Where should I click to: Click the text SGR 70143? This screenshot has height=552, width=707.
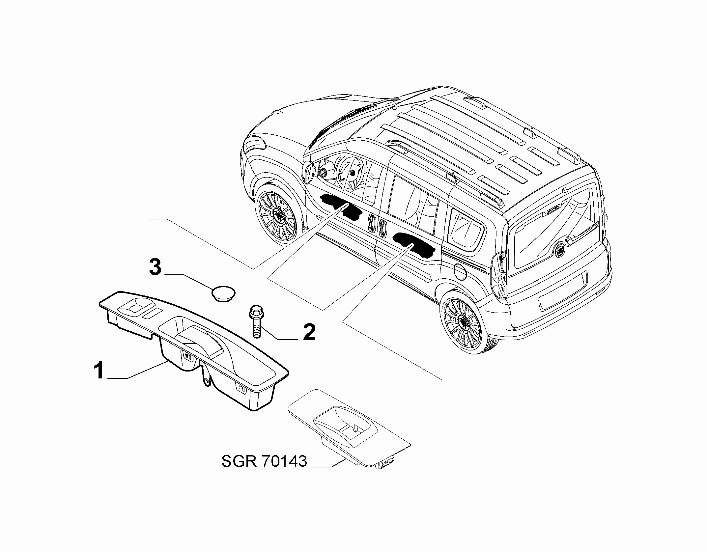[264, 461]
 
